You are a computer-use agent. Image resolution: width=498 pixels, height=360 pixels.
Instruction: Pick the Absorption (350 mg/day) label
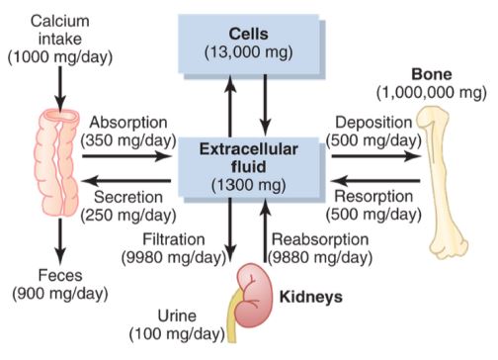[125, 133]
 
